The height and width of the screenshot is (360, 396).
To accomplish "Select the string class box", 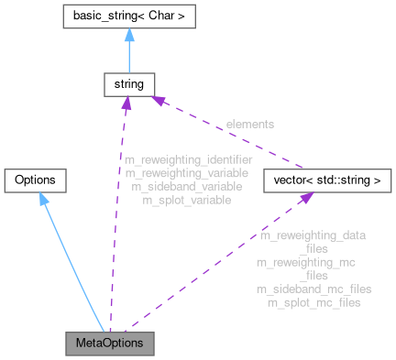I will (x=126, y=85).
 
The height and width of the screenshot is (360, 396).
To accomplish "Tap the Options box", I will (x=36, y=180).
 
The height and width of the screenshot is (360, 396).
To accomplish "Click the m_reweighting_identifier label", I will (x=188, y=159).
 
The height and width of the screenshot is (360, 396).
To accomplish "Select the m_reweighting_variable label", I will (x=183, y=172).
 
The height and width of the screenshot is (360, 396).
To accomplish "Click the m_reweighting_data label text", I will (x=313, y=235).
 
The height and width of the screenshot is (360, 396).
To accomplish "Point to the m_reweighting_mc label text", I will (x=309, y=262).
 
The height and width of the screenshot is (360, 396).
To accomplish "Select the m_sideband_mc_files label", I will (x=313, y=289).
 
